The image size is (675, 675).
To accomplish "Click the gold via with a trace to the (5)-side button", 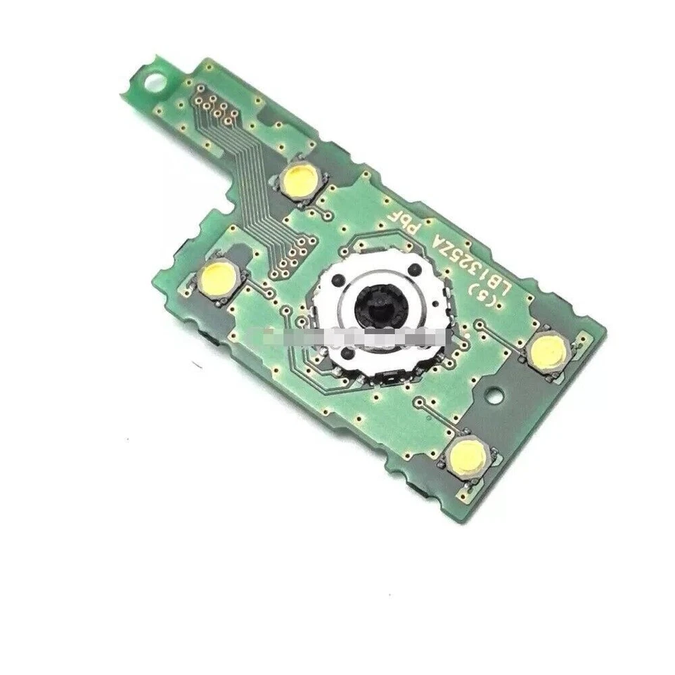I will [480, 325].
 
